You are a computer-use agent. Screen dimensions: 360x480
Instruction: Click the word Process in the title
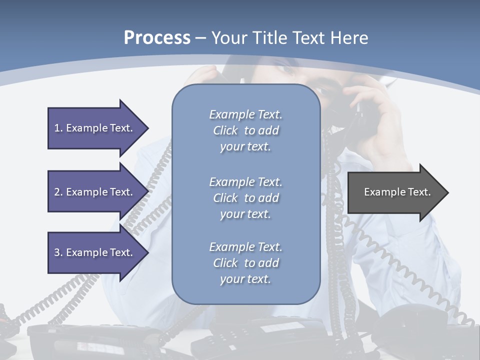click(157, 38)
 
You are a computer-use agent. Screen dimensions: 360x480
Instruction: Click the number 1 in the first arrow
click(57, 128)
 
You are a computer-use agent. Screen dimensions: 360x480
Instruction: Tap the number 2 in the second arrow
click(57, 192)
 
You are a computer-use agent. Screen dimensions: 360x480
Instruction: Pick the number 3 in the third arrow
click(57, 252)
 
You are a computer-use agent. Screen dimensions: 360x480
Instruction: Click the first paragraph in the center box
click(246, 130)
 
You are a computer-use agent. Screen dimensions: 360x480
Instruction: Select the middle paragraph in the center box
click(246, 198)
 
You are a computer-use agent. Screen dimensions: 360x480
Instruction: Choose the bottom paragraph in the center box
click(246, 263)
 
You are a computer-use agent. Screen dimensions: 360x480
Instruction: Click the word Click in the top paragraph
click(225, 130)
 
